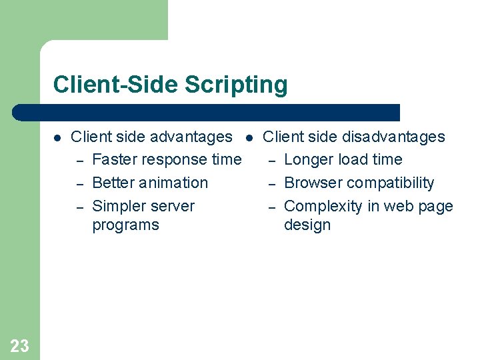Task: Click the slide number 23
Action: pos(19,345)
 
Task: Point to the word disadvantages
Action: pos(393,137)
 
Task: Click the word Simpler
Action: pos(119,207)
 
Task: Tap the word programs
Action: pos(125,225)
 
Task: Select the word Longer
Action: pos(309,160)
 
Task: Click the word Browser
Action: pos(313,183)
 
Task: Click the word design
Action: pos(307,225)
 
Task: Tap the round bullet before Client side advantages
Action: pos(57,138)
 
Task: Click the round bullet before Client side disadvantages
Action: pos(249,138)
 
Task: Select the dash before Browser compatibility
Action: pos(271,184)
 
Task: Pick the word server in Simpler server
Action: pos(171,207)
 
